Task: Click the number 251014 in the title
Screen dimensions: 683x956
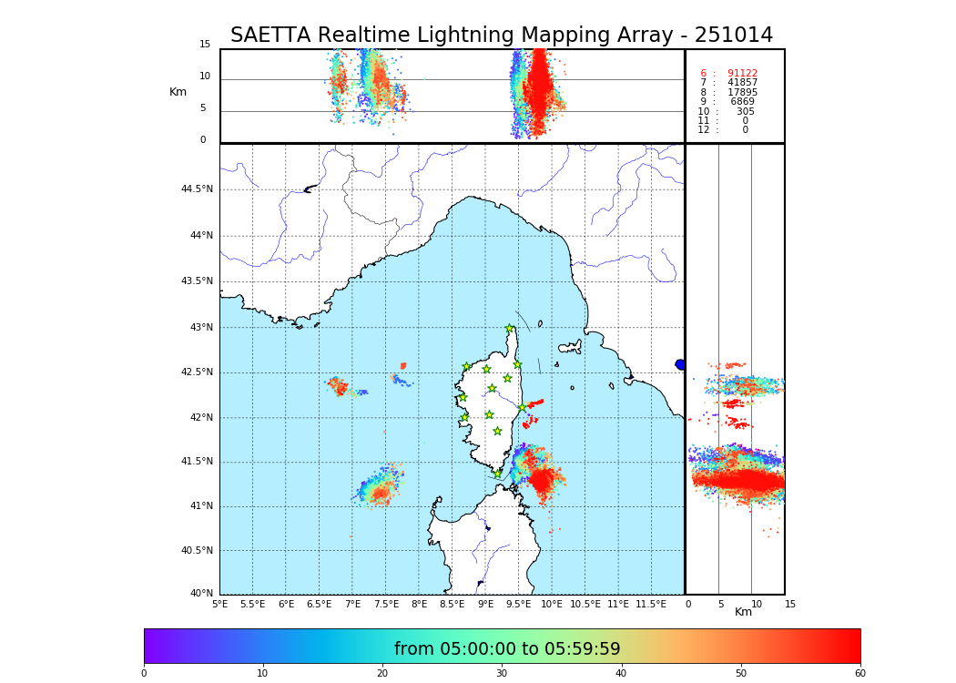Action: (x=733, y=36)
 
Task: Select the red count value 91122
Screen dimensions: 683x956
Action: (x=742, y=74)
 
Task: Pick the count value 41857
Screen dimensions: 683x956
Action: (x=742, y=83)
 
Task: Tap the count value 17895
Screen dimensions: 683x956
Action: (x=742, y=93)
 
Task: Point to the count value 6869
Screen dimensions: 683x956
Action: (x=742, y=102)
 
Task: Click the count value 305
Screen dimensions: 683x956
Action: (x=745, y=112)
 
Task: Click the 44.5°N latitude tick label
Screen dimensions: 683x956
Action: (x=197, y=189)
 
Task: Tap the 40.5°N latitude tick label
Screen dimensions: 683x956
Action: (x=197, y=551)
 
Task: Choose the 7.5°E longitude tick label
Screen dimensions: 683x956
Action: (x=386, y=604)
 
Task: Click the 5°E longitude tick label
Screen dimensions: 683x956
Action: (x=220, y=604)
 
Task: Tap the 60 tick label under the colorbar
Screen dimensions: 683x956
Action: (x=859, y=674)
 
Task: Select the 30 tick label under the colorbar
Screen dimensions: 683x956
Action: (x=502, y=674)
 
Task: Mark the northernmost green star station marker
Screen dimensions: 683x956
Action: (x=510, y=329)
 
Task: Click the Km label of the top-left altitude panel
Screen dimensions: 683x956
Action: (x=178, y=92)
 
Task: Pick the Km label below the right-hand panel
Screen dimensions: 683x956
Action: (x=743, y=612)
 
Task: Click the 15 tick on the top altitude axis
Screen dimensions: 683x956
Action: (x=205, y=45)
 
